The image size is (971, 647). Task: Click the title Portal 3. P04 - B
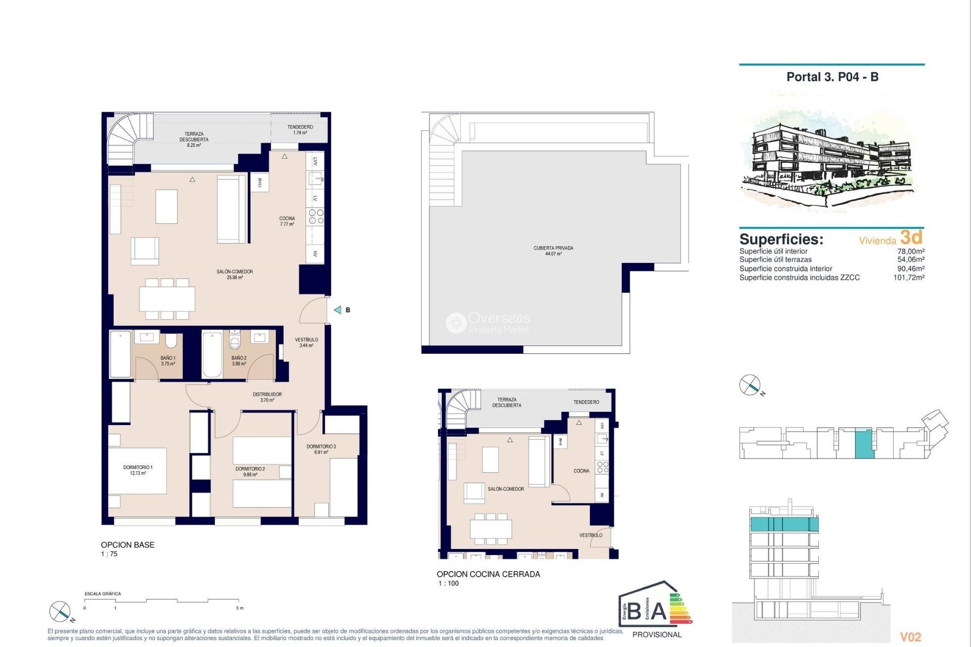[x=832, y=77]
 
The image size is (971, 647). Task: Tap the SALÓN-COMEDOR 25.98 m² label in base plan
[x=235, y=274]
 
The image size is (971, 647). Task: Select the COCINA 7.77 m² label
[x=287, y=221]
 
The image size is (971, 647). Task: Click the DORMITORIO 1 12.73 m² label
[x=138, y=470]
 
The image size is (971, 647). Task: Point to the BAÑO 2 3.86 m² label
[x=239, y=360]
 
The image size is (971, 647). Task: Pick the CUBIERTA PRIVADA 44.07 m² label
[x=553, y=251]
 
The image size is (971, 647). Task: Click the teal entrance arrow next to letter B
[x=338, y=310]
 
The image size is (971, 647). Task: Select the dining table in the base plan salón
[x=167, y=299]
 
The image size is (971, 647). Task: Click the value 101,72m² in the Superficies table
[x=908, y=278]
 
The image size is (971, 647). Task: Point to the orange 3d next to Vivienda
[x=911, y=237]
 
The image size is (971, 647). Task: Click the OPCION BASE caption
[x=127, y=545]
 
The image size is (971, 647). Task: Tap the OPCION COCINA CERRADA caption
[x=488, y=574]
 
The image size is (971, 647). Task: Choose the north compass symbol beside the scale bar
[x=60, y=612]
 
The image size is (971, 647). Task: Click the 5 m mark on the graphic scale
[x=240, y=608]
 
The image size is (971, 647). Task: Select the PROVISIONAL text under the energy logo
[x=656, y=635]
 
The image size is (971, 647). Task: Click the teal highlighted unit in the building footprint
[x=863, y=444]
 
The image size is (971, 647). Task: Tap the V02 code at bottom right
[x=910, y=637]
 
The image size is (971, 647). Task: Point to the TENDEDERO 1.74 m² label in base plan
[x=300, y=130]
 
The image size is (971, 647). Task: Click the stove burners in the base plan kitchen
[x=316, y=217]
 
